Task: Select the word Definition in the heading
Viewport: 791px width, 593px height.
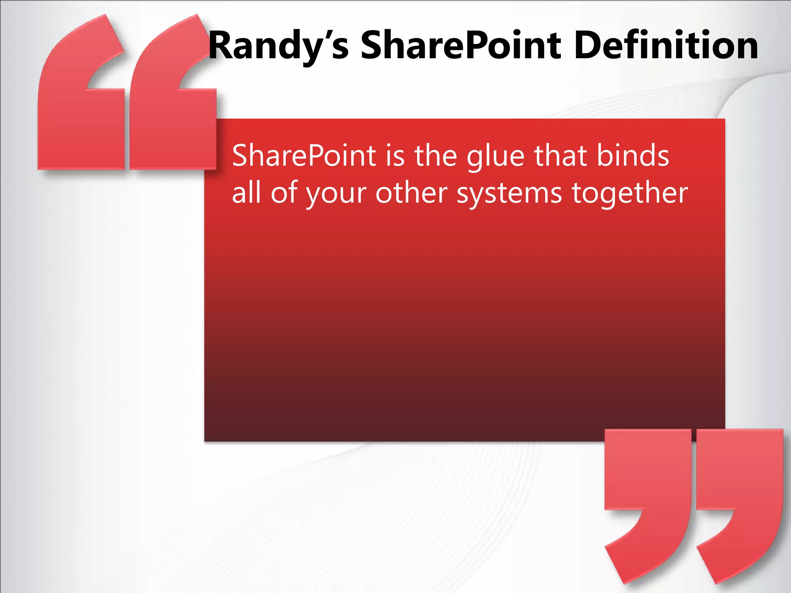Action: click(666, 46)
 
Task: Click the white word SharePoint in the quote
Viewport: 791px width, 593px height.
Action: click(304, 156)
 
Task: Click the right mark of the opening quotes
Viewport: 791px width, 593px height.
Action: click(174, 104)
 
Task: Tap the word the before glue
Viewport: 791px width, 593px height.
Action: click(436, 156)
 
